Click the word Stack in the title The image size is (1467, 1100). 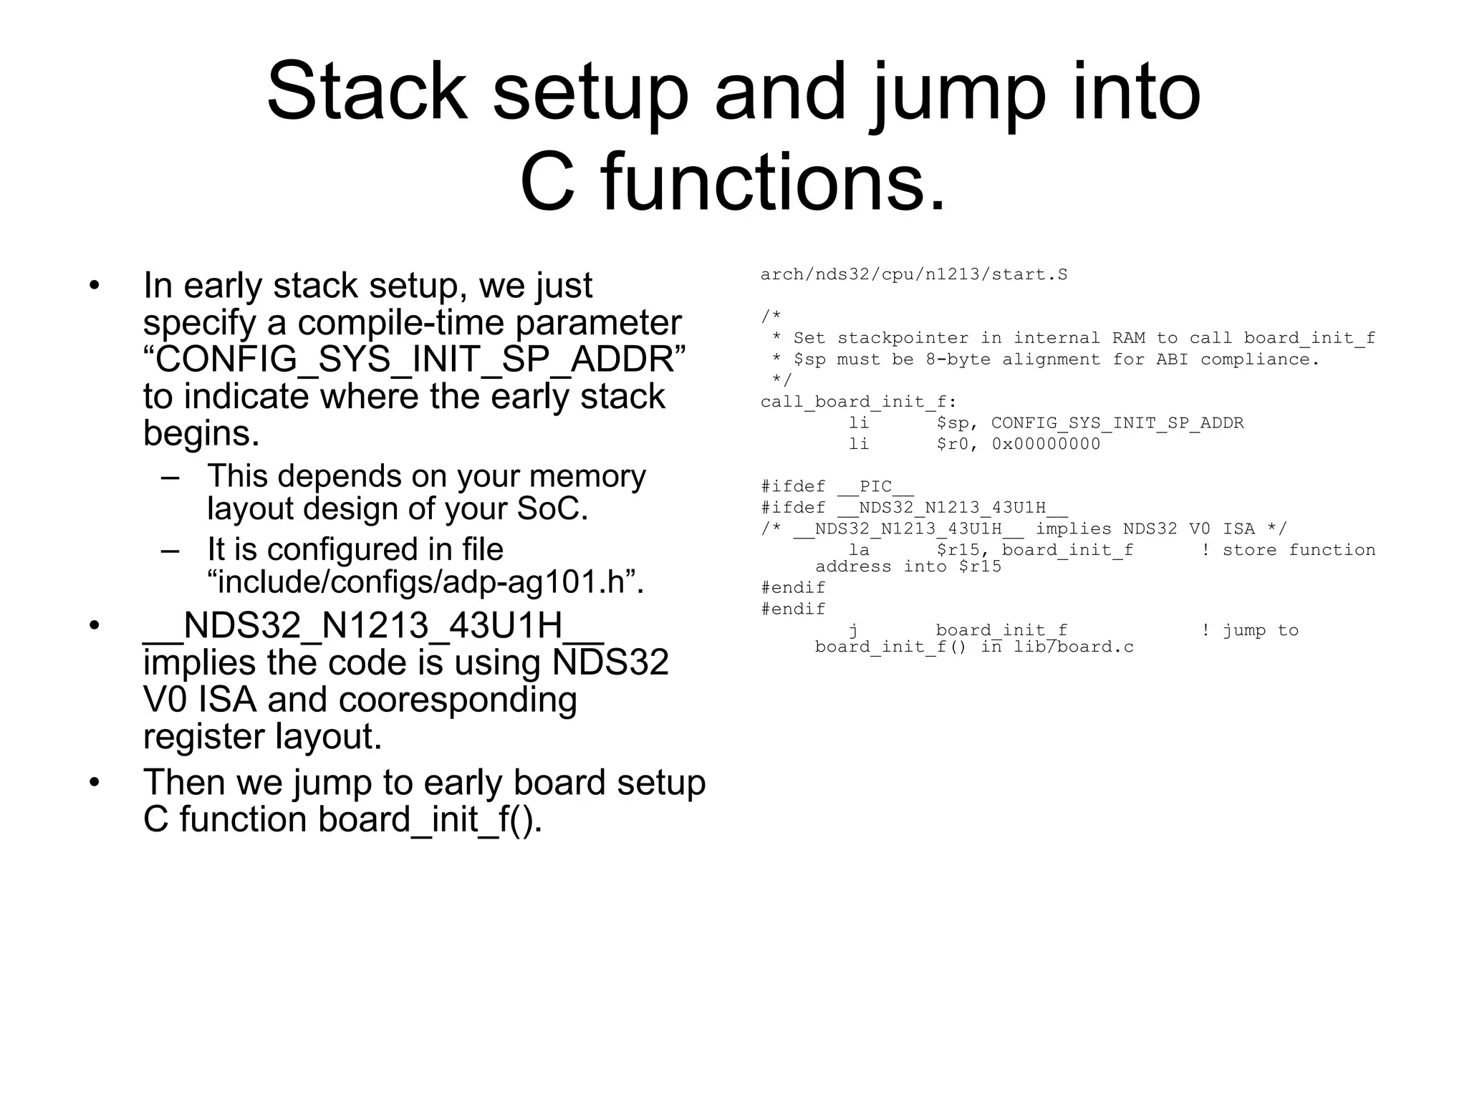coord(367,92)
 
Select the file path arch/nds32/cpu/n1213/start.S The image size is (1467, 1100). coord(913,275)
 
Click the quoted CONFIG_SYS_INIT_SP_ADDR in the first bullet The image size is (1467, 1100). coord(414,360)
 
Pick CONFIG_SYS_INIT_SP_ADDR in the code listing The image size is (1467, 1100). coord(1117,423)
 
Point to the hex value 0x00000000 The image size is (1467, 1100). coord(1046,445)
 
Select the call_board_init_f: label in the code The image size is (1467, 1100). coord(858,402)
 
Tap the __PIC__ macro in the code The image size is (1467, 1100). coord(875,487)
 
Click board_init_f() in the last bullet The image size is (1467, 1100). coord(429,820)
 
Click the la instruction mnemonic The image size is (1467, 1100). coord(859,551)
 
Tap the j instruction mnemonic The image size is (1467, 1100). coord(854,631)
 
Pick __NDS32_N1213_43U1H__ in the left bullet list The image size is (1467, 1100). coord(372,626)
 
